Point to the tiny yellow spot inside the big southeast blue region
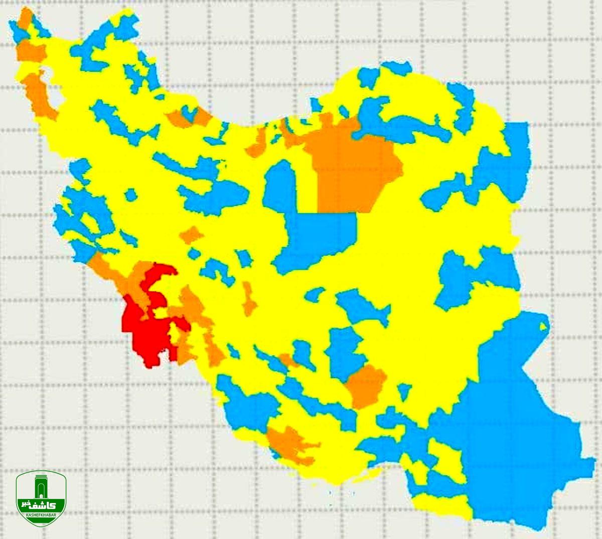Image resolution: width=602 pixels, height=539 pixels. [x=543, y=327]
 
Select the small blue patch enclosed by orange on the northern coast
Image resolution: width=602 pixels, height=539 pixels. [x=189, y=114]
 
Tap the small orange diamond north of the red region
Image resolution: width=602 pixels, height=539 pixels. [x=191, y=234]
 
